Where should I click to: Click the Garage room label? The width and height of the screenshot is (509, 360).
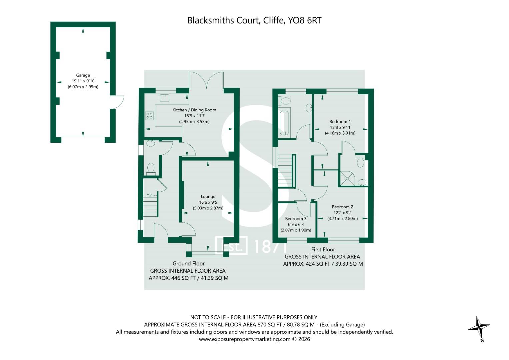pyautogui.click(x=83, y=75)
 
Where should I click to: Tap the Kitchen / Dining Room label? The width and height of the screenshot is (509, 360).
pyautogui.click(x=194, y=110)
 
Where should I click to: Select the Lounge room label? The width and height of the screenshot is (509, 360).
pyautogui.click(x=208, y=197)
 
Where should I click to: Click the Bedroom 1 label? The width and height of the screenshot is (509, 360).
pyautogui.click(x=340, y=122)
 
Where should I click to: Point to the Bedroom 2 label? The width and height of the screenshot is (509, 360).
pyautogui.click(x=342, y=207)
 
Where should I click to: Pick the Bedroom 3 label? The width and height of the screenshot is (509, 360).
pyautogui.click(x=296, y=219)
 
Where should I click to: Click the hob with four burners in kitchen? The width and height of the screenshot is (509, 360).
pyautogui.click(x=150, y=116)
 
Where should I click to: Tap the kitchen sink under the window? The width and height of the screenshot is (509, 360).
pyautogui.click(x=165, y=97)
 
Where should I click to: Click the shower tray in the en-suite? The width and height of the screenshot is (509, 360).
pyautogui.click(x=347, y=178)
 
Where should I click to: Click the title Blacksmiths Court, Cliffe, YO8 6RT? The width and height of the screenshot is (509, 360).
pyautogui.click(x=254, y=21)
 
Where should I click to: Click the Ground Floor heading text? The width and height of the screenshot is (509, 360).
pyautogui.click(x=188, y=263)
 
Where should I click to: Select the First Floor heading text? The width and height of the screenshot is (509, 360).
pyautogui.click(x=323, y=249)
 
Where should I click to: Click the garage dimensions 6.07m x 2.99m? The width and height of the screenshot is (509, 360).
pyautogui.click(x=83, y=87)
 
